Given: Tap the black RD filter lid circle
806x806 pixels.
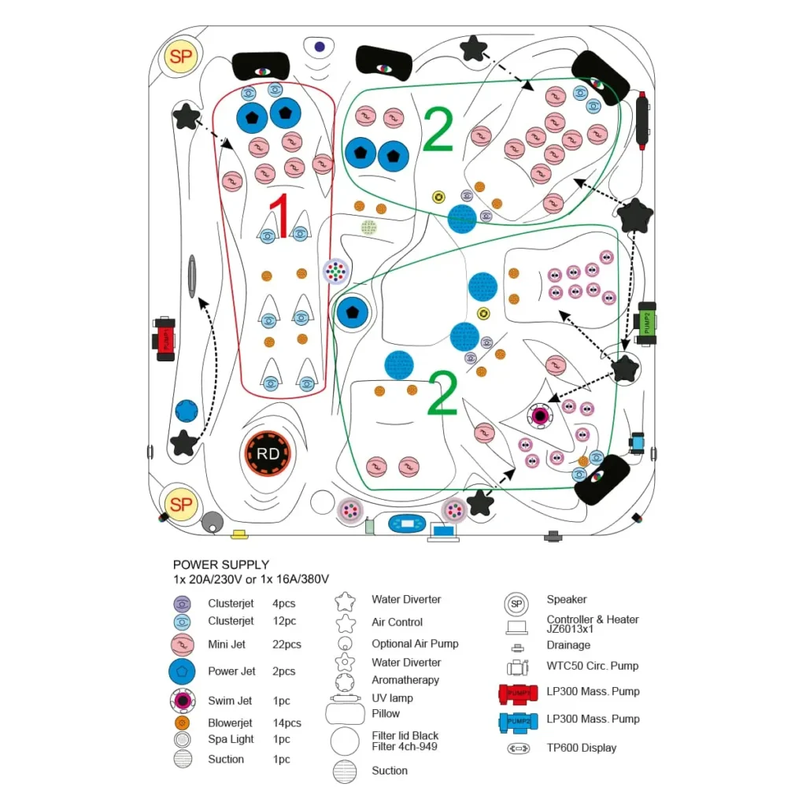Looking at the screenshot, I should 268,454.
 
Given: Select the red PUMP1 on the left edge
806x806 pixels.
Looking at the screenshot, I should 165,339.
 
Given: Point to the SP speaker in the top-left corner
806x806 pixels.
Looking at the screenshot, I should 181,57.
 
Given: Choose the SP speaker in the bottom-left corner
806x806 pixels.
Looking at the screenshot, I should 181,504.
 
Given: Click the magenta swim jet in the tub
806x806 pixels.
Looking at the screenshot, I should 540,415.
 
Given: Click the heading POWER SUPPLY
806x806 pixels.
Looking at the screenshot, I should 221,564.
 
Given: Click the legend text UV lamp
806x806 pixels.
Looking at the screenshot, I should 392,698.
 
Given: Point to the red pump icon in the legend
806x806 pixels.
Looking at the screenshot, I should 519,693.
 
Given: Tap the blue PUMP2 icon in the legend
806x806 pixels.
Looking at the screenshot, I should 519,720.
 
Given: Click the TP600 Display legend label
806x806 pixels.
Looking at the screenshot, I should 582,748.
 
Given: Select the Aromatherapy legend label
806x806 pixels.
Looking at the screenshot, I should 405,680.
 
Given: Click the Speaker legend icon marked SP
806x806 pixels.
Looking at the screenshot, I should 516,604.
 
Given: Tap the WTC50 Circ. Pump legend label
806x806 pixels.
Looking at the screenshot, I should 593,666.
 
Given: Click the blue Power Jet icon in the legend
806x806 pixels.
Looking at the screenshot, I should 182,671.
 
